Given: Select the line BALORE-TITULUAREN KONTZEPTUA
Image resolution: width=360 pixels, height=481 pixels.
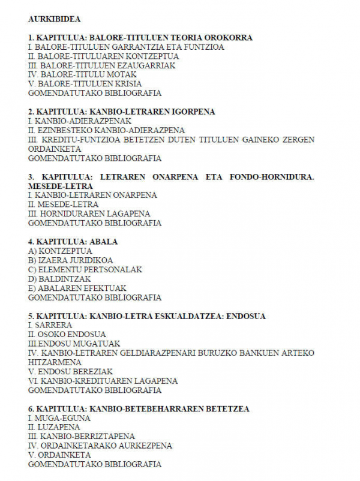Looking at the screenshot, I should click(x=103, y=56).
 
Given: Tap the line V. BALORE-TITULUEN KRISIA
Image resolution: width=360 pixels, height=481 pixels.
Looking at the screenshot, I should click(x=82, y=84).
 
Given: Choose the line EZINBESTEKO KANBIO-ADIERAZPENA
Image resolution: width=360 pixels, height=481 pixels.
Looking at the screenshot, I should click(x=106, y=131).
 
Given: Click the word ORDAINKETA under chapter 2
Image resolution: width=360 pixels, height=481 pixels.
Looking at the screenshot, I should click(x=53, y=149).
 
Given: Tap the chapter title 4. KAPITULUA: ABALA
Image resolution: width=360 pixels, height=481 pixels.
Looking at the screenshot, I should click(x=73, y=242).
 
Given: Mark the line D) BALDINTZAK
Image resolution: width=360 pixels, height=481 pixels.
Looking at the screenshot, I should click(x=59, y=279).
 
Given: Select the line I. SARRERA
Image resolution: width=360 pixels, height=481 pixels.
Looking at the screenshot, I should click(x=50, y=325).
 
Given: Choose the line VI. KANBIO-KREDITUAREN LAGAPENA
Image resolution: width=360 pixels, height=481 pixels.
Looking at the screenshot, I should click(x=103, y=381).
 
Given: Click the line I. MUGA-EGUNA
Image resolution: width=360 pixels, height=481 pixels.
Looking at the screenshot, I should click(x=59, y=418).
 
